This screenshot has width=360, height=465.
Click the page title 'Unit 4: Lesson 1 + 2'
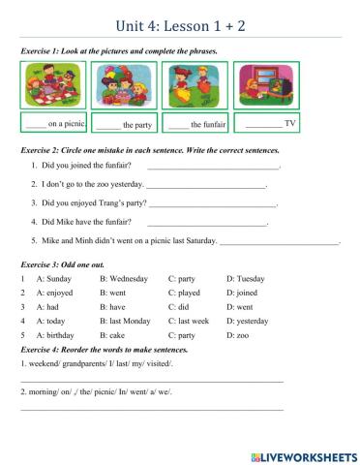[179, 25]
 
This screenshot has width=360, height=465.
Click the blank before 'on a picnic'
[36, 125]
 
